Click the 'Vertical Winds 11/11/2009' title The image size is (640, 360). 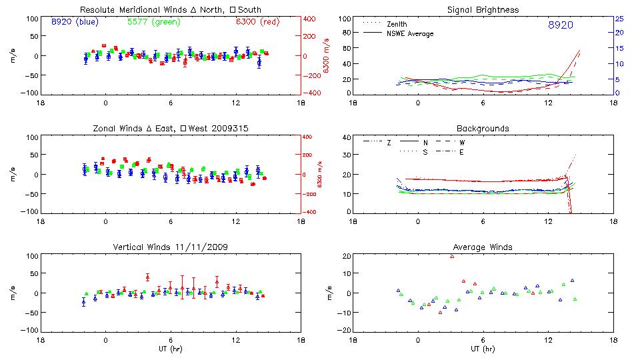170,247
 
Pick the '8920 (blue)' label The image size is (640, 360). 75,22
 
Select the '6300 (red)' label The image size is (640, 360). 257,22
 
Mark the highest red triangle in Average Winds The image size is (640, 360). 452,256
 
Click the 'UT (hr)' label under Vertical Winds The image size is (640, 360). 170,349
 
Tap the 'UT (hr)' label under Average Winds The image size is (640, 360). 483,349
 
